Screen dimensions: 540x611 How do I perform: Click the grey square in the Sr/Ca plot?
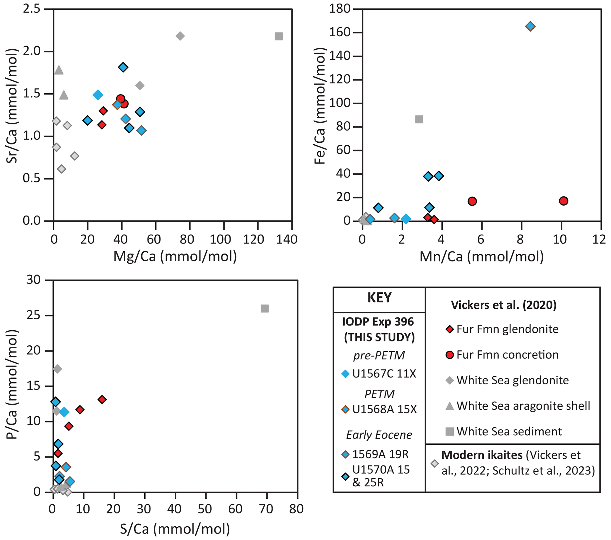[x=278, y=36]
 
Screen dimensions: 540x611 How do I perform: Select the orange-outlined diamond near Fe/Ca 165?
[x=530, y=26]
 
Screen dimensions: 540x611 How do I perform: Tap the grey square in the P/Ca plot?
[x=265, y=308]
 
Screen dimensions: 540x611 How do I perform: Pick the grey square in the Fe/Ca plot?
[x=419, y=119]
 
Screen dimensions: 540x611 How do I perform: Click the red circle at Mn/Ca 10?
[x=563, y=201]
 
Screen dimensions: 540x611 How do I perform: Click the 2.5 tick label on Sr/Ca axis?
[x=31, y=9]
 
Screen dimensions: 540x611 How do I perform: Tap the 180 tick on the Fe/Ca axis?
[x=340, y=9]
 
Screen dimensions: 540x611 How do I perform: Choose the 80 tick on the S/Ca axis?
[x=296, y=509]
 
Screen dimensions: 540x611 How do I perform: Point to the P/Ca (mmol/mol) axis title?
[x=12, y=384]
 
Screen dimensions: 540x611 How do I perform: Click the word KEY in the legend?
[x=379, y=298]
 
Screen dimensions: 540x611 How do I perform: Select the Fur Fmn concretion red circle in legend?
[x=450, y=355]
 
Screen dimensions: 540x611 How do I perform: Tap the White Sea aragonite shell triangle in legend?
[x=450, y=406]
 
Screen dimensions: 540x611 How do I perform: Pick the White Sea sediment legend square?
[x=450, y=432]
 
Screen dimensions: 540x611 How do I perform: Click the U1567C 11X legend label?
[x=384, y=374]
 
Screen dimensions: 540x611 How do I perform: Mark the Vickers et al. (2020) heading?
[x=504, y=305]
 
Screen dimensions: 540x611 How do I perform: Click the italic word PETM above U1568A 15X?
[x=379, y=394]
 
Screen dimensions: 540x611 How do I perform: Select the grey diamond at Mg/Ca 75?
[x=180, y=36]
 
